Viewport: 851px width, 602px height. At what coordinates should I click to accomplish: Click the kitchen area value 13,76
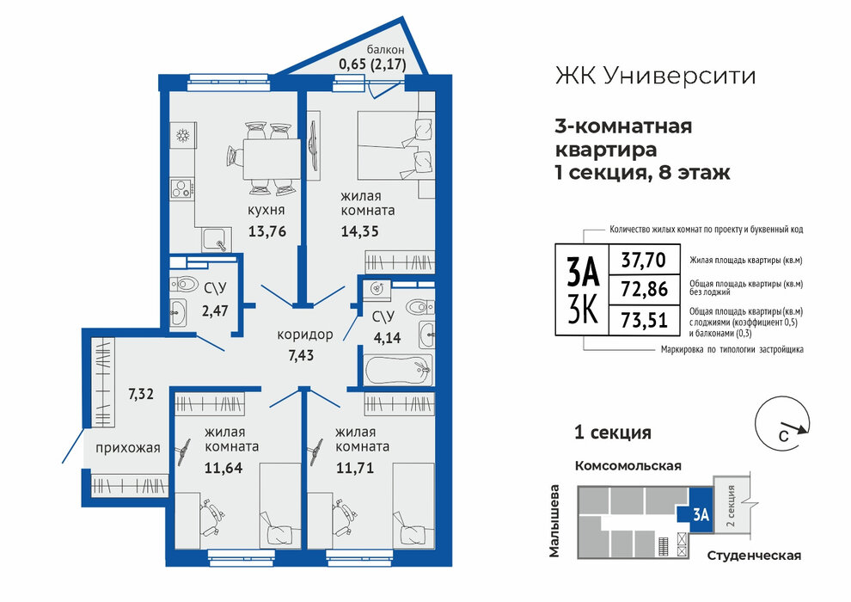(267, 231)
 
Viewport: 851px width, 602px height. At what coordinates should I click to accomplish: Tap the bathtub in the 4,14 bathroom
(398, 370)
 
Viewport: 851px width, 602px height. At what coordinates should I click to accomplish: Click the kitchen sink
(217, 240)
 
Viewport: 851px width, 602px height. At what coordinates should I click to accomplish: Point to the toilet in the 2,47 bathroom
(183, 284)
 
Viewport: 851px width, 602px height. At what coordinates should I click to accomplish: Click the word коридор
(305, 335)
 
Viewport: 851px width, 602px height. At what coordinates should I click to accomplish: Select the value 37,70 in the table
(644, 260)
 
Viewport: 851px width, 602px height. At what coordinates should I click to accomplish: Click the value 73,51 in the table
(644, 319)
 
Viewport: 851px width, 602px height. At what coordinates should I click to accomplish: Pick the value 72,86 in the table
(644, 289)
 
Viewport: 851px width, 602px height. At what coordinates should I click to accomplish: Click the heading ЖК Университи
(656, 76)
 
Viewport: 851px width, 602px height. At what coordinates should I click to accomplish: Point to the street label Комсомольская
(628, 466)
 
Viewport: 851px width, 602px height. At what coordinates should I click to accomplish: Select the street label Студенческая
(755, 556)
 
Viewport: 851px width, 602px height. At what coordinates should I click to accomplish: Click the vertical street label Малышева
(554, 520)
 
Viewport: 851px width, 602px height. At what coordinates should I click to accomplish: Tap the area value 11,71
(355, 467)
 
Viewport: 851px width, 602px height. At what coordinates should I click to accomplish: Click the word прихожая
(128, 448)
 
